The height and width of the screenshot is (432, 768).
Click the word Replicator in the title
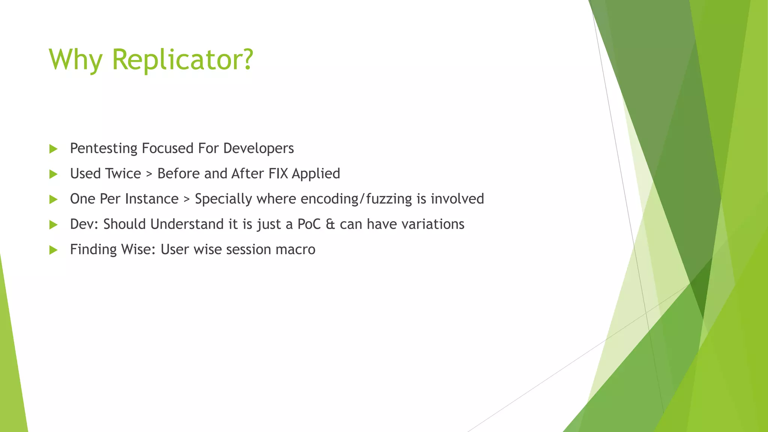pos(183,60)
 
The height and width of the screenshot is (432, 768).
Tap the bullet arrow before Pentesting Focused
pos(53,149)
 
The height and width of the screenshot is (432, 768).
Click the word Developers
pos(258,148)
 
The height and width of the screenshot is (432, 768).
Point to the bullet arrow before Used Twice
pos(53,174)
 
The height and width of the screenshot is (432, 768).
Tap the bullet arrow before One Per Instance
pos(53,199)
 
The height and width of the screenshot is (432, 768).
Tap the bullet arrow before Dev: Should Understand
pos(53,225)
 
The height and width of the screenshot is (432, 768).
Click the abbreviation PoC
pos(309,224)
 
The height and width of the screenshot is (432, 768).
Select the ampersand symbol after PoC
pos(330,224)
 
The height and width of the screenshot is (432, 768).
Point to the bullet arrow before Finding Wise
pos(53,250)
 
